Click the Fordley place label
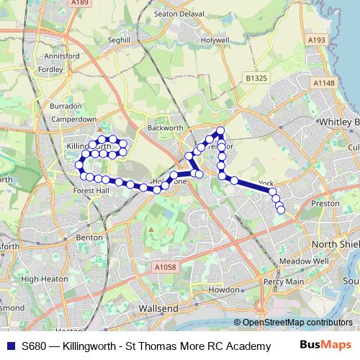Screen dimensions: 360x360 [x=51, y=69]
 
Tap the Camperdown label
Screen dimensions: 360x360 [x=74, y=119]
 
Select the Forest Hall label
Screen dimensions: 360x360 [x=91, y=191]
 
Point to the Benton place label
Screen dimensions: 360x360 [x=89, y=236]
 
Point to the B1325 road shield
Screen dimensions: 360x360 [x=256, y=77]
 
